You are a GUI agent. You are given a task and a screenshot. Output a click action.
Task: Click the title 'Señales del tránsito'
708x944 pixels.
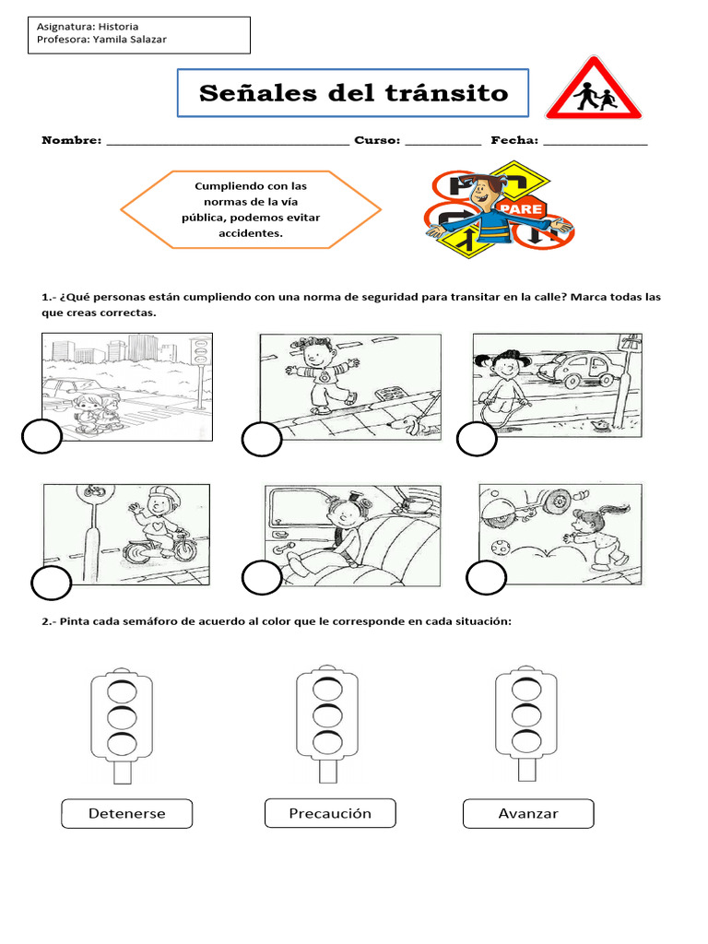coord(353,93)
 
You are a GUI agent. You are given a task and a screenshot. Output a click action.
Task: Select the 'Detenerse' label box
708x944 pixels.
coord(127,814)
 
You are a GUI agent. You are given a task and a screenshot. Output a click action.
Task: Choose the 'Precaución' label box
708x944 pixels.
coord(330,813)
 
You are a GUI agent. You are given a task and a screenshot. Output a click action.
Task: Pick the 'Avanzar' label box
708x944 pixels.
coord(528,814)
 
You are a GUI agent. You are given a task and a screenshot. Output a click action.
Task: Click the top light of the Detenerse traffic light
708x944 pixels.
coord(121,690)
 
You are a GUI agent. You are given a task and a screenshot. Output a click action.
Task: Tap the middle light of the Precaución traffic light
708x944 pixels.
coord(326,715)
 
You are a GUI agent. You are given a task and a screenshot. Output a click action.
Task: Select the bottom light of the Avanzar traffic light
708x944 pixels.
coord(526,740)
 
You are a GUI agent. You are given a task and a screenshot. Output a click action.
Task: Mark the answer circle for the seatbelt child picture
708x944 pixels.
coord(261,578)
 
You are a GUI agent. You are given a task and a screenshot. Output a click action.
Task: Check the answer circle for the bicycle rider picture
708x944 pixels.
coord(52,584)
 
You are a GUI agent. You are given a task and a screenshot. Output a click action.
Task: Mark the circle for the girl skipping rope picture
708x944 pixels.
coord(477,441)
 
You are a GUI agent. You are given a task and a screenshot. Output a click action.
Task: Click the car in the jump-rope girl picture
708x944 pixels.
coord(577,368)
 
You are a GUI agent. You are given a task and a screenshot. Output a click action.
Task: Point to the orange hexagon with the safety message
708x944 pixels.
coord(251,209)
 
